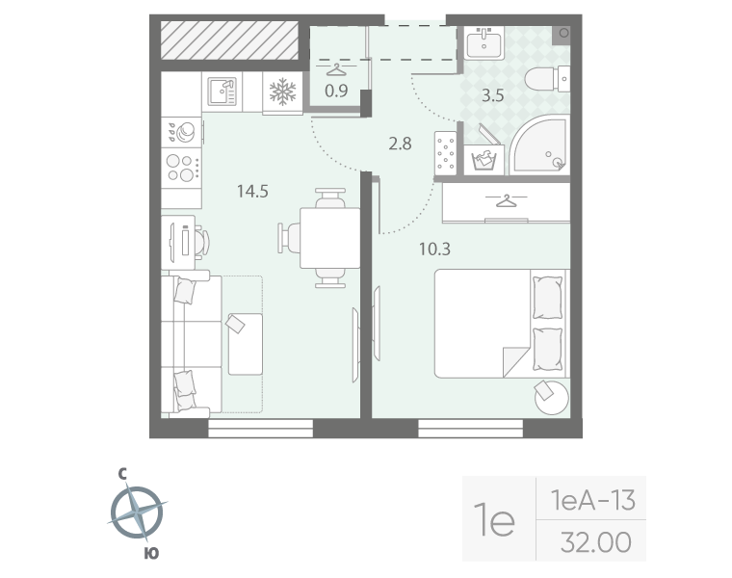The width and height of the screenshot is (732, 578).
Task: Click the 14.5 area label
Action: click(252, 192)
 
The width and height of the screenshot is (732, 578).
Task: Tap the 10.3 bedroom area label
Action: click(434, 250)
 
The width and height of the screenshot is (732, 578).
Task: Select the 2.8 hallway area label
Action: click(400, 144)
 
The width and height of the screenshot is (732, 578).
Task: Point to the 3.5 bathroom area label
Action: click(493, 95)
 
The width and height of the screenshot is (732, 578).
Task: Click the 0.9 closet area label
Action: click(336, 91)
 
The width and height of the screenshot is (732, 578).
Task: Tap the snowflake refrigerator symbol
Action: click(283, 92)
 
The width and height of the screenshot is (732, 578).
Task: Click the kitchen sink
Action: click(222, 92)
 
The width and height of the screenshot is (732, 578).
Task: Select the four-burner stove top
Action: click(182, 168)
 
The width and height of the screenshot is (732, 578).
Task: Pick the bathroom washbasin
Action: click(484, 42)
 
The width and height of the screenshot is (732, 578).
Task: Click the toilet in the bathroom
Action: click(547, 79)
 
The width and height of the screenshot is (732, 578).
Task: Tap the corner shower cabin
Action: click(539, 144)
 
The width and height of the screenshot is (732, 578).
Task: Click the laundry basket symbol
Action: click(484, 160)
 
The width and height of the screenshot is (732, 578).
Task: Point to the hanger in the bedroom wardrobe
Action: click(506, 201)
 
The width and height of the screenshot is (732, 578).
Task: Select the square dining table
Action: click(329, 238)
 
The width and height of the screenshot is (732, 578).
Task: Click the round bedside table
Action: click(552, 398)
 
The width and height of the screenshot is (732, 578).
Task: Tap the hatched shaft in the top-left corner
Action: click(229, 40)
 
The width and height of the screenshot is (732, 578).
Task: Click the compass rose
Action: click(137, 512)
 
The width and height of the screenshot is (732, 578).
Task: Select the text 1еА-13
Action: click(593, 500)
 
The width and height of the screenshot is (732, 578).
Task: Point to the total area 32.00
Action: click(595, 542)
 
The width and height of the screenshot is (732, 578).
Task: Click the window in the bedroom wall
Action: click(470, 428)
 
